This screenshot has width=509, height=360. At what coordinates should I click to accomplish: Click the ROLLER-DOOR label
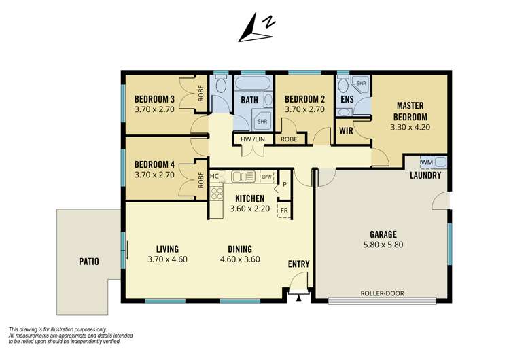click(383, 293)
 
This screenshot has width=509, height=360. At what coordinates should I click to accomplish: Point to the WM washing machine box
click(426, 162)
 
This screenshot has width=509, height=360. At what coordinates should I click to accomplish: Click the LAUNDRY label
click(426, 175)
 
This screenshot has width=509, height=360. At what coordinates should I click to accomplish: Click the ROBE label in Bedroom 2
click(289, 139)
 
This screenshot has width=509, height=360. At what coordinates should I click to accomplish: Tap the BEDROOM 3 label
click(155, 98)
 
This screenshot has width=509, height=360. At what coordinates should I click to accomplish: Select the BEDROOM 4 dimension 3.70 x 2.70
click(155, 174)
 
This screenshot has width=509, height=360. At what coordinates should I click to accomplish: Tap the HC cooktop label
click(214, 176)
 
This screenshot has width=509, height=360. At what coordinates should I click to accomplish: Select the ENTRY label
click(299, 264)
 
